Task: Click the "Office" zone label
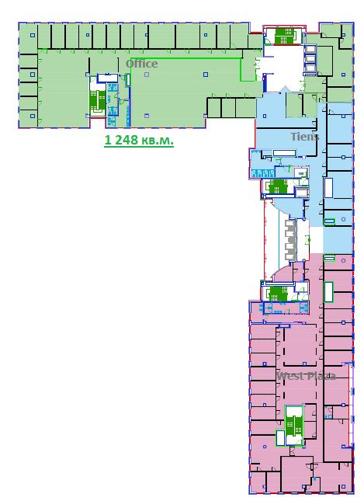pos(142,64)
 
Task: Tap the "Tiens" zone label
pos(304,137)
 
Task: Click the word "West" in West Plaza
pos(289,376)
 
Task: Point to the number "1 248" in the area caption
pos(121,140)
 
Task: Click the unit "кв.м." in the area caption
pos(158,140)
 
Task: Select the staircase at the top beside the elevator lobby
pos(284,36)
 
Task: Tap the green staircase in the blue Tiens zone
pos(278,186)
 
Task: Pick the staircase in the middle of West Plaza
pos(293,426)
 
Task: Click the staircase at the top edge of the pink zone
pos(279,294)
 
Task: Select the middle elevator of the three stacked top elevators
pos(310,60)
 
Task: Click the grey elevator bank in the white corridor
pos(290,240)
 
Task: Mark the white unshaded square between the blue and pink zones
pos(316,240)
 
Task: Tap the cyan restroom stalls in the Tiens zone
pos(263,173)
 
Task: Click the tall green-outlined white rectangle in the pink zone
pos(328,292)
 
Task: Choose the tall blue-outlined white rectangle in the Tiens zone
pos(328,187)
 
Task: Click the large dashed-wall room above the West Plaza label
pos(300,344)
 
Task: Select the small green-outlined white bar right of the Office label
pos(128,80)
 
